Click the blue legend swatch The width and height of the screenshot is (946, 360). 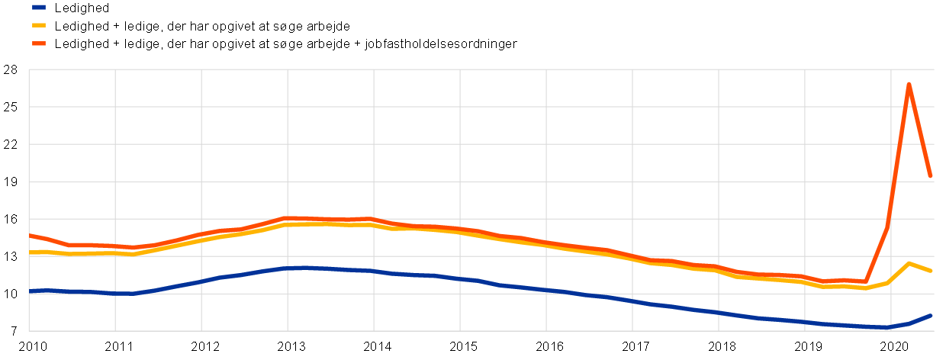tap(39, 7)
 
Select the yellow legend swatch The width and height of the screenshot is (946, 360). tap(39, 25)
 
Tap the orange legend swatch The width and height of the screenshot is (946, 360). tap(39, 43)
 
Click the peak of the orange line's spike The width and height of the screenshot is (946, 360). tap(909, 84)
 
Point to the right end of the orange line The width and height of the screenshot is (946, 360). tap(931, 176)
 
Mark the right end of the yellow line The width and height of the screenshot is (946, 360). tap(931, 271)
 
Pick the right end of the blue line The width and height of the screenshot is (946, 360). tap(931, 315)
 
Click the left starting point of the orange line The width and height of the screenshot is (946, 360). tap(30, 235)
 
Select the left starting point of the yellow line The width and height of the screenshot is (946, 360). tap(30, 252)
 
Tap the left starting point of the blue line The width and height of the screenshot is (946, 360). tap(30, 291)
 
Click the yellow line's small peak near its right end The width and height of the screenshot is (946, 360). tap(909, 263)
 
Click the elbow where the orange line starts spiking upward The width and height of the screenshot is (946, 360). tap(865, 281)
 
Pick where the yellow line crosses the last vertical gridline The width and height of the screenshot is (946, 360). tap(891, 281)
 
